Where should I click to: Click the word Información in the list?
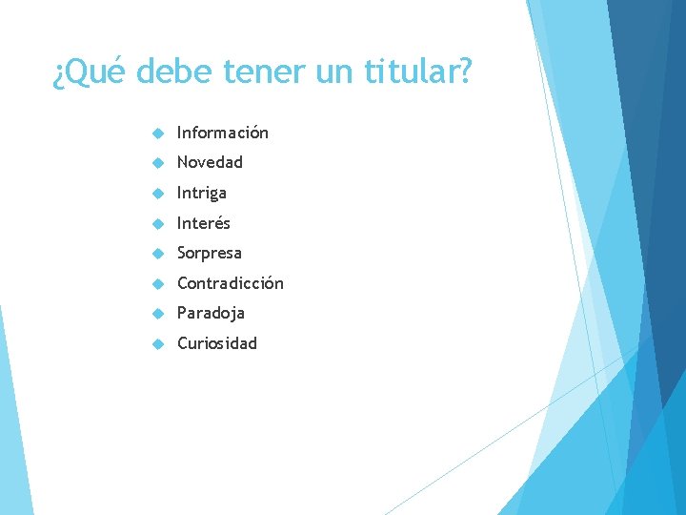click(x=223, y=133)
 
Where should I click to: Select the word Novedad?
click(x=210, y=162)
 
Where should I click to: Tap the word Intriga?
click(x=202, y=193)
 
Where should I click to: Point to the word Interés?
click(x=203, y=223)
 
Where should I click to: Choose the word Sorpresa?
click(x=210, y=253)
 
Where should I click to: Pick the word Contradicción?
click(x=230, y=283)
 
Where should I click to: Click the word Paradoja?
click(x=211, y=313)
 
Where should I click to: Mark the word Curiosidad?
click(x=217, y=343)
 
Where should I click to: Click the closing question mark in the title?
click(x=463, y=72)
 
